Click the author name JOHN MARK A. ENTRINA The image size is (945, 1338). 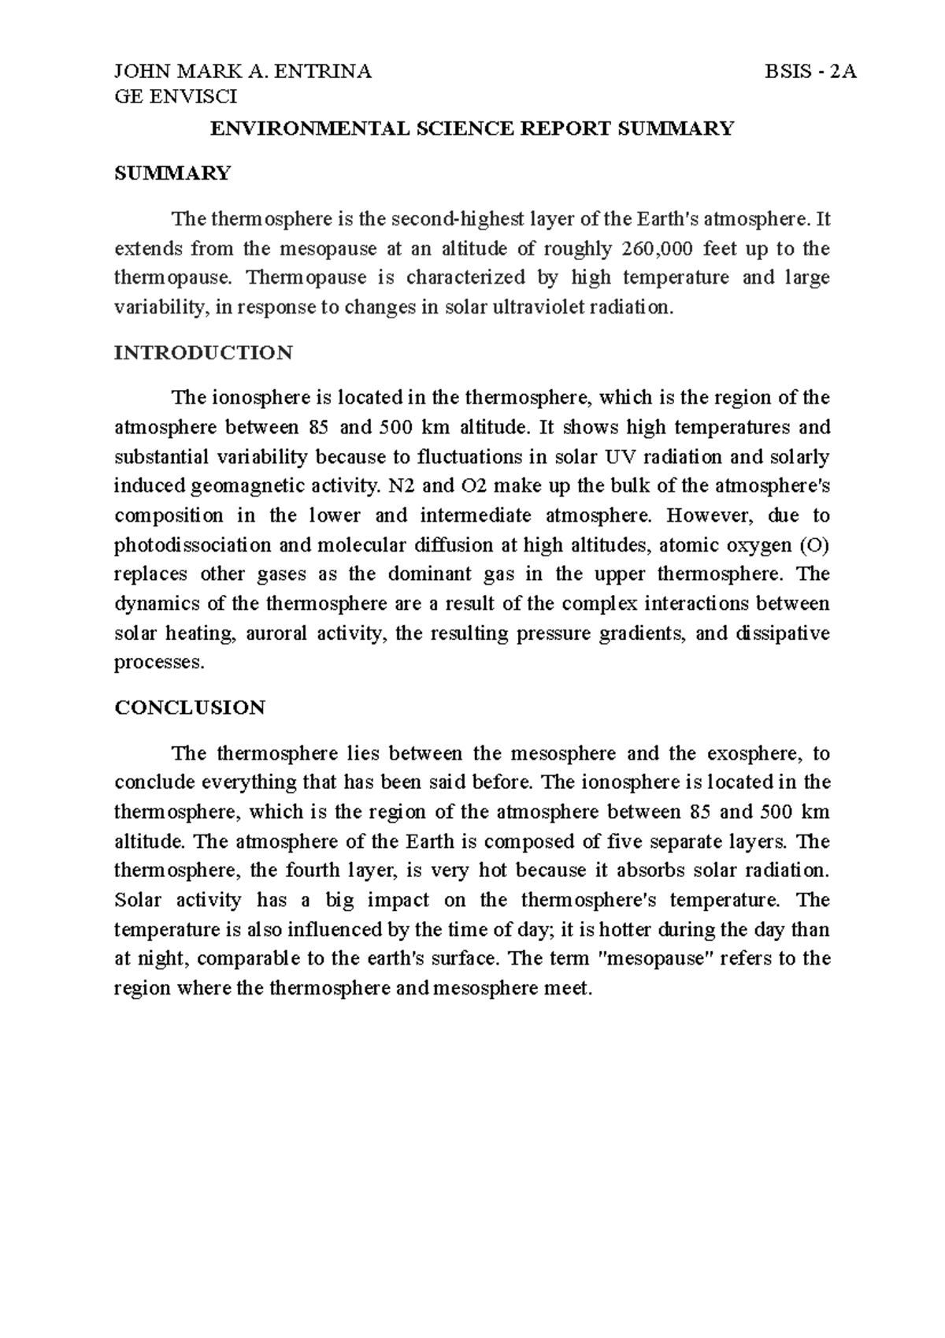point(243,72)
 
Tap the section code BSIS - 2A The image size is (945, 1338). point(810,72)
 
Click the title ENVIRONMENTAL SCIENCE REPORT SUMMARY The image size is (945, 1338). point(472,129)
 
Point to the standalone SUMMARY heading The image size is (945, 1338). point(172,173)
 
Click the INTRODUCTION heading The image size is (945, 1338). point(203,352)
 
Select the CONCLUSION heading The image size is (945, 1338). point(190,708)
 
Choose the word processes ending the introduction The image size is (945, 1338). point(158,663)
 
